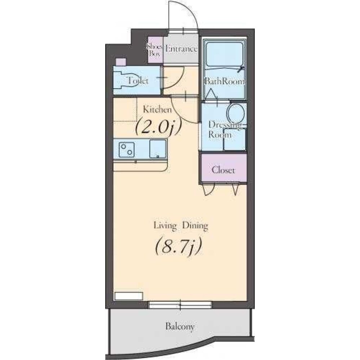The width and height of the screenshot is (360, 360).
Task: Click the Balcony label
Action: tap(180, 326)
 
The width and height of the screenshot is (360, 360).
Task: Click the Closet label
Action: tap(223, 170)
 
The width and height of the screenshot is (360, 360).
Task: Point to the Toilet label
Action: tap(138, 81)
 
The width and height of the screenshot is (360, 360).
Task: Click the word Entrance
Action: tap(181, 49)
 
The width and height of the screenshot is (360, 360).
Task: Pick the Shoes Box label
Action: tap(155, 50)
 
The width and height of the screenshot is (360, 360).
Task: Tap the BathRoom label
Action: tap(225, 81)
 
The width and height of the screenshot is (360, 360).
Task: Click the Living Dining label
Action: tap(181, 226)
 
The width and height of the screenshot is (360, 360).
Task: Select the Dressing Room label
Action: tap(225, 130)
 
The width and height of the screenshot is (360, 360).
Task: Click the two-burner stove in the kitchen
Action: tap(127, 150)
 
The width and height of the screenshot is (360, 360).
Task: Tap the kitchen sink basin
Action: tap(158, 149)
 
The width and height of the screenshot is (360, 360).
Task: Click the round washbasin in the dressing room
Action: tap(236, 113)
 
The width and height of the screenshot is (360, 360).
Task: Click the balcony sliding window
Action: tap(180, 305)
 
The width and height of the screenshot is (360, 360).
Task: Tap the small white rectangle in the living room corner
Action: tap(129, 296)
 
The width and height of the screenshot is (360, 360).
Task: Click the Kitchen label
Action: tap(157, 109)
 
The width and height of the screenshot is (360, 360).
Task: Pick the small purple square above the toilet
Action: tap(121, 62)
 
